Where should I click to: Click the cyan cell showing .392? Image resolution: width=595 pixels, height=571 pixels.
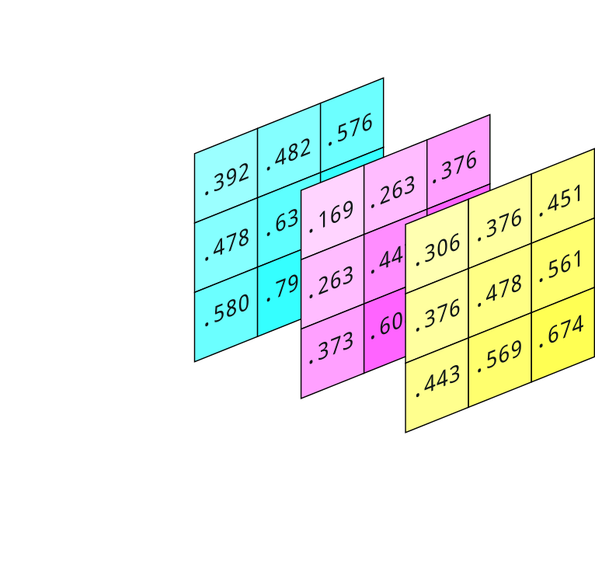pos(226,180)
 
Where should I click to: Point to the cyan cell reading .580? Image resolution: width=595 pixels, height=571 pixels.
pos(226,312)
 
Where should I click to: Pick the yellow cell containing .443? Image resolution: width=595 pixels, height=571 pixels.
pos(437,381)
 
